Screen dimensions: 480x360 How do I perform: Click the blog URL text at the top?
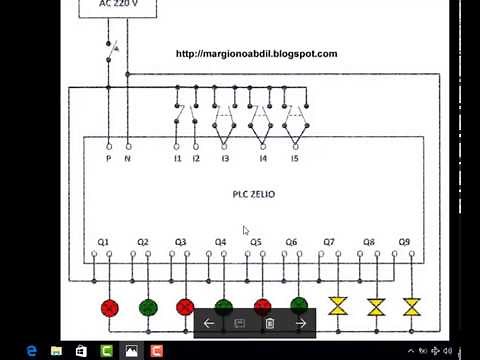click(x=256, y=54)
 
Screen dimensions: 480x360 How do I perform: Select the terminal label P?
click(x=108, y=158)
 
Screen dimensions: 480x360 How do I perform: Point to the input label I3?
click(x=225, y=158)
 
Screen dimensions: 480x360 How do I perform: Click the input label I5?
click(x=294, y=158)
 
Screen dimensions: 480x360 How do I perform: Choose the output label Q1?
click(x=104, y=243)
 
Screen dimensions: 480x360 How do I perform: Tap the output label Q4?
click(x=221, y=243)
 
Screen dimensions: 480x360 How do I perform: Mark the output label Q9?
click(x=404, y=243)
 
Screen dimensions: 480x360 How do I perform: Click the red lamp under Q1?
click(x=110, y=307)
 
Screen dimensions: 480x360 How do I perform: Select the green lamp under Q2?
click(x=147, y=307)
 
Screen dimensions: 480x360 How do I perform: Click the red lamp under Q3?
click(x=185, y=307)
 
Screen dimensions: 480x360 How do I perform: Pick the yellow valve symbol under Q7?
click(x=339, y=307)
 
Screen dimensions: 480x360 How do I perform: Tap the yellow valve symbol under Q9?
click(x=411, y=307)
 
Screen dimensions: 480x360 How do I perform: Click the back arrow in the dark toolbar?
click(x=209, y=323)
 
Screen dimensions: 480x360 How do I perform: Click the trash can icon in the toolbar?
click(x=270, y=323)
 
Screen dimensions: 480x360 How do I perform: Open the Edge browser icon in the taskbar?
click(x=32, y=351)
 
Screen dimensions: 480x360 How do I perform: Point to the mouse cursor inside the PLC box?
click(x=246, y=230)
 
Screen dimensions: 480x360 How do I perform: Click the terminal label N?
click(x=127, y=158)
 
